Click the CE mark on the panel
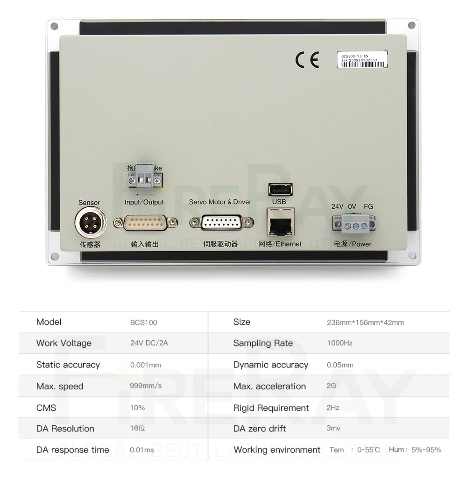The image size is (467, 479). [x=307, y=60]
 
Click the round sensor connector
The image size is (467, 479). [x=90, y=224]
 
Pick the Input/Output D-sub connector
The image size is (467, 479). [x=145, y=223]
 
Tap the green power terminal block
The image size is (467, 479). [x=354, y=224]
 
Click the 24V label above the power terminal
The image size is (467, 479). [x=338, y=206]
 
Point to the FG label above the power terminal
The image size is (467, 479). [x=368, y=206]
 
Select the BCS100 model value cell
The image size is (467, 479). [x=143, y=323]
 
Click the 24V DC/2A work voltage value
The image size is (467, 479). [x=149, y=343]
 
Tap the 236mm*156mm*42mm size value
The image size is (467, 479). [x=365, y=323]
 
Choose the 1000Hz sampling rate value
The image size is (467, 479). [x=340, y=343]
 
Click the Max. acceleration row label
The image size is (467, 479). [x=269, y=387]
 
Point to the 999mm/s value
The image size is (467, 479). [x=146, y=386]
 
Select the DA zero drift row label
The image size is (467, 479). [x=260, y=429]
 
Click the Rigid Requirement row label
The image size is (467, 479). [x=271, y=408]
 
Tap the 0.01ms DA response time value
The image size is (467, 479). [x=142, y=450]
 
